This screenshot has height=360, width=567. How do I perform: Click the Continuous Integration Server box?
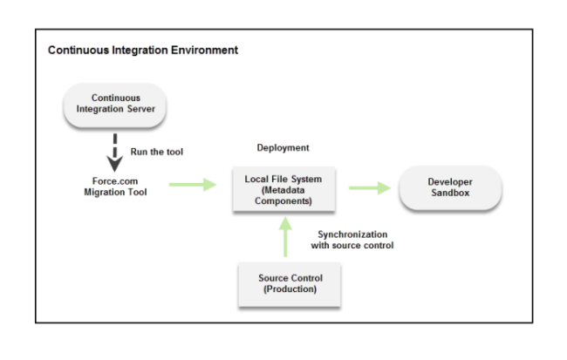[115, 105]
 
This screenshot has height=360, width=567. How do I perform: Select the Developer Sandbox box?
[451, 188]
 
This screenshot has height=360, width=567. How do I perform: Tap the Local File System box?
[283, 189]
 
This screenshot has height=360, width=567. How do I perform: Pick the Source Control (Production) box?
[290, 285]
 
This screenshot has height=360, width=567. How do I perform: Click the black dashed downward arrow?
[115, 153]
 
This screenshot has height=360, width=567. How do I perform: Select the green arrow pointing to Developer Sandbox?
[370, 188]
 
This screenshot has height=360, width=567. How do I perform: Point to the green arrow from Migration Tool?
[193, 185]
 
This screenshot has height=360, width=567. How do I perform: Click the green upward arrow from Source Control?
[285, 237]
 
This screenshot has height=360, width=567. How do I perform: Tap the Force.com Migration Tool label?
[115, 187]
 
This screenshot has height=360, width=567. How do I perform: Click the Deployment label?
[283, 148]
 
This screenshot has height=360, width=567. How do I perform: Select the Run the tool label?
[156, 152]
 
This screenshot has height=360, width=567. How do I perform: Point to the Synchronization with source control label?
[352, 240]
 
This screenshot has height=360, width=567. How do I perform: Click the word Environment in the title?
[204, 50]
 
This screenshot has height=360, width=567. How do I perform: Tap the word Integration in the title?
[140, 51]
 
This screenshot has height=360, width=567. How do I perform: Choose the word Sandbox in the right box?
[450, 193]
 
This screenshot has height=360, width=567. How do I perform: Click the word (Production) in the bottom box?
[290, 289]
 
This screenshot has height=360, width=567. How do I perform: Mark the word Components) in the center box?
[283, 201]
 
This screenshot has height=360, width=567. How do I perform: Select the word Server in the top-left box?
[141, 109]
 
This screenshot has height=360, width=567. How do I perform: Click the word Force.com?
[115, 181]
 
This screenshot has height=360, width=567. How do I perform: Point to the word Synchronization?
[352, 234]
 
